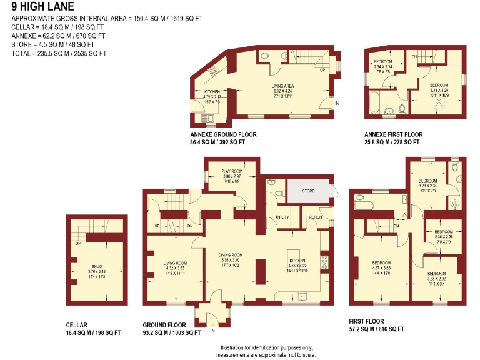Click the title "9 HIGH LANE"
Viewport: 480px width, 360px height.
(42, 7)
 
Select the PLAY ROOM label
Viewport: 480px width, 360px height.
(232, 171)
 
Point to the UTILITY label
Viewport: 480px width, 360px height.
(283, 217)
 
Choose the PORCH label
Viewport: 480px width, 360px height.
(314, 217)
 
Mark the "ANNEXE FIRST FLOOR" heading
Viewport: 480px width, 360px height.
(393, 134)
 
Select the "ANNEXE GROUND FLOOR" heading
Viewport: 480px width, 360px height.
(223, 134)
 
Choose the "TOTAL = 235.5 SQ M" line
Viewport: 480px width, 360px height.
(59, 53)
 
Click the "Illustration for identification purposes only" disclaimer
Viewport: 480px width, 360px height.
(267, 347)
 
